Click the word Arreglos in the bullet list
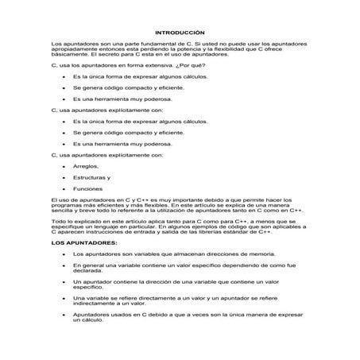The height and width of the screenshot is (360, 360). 85,165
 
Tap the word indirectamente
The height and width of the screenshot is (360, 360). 97,302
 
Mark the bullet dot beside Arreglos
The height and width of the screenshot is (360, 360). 63,166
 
